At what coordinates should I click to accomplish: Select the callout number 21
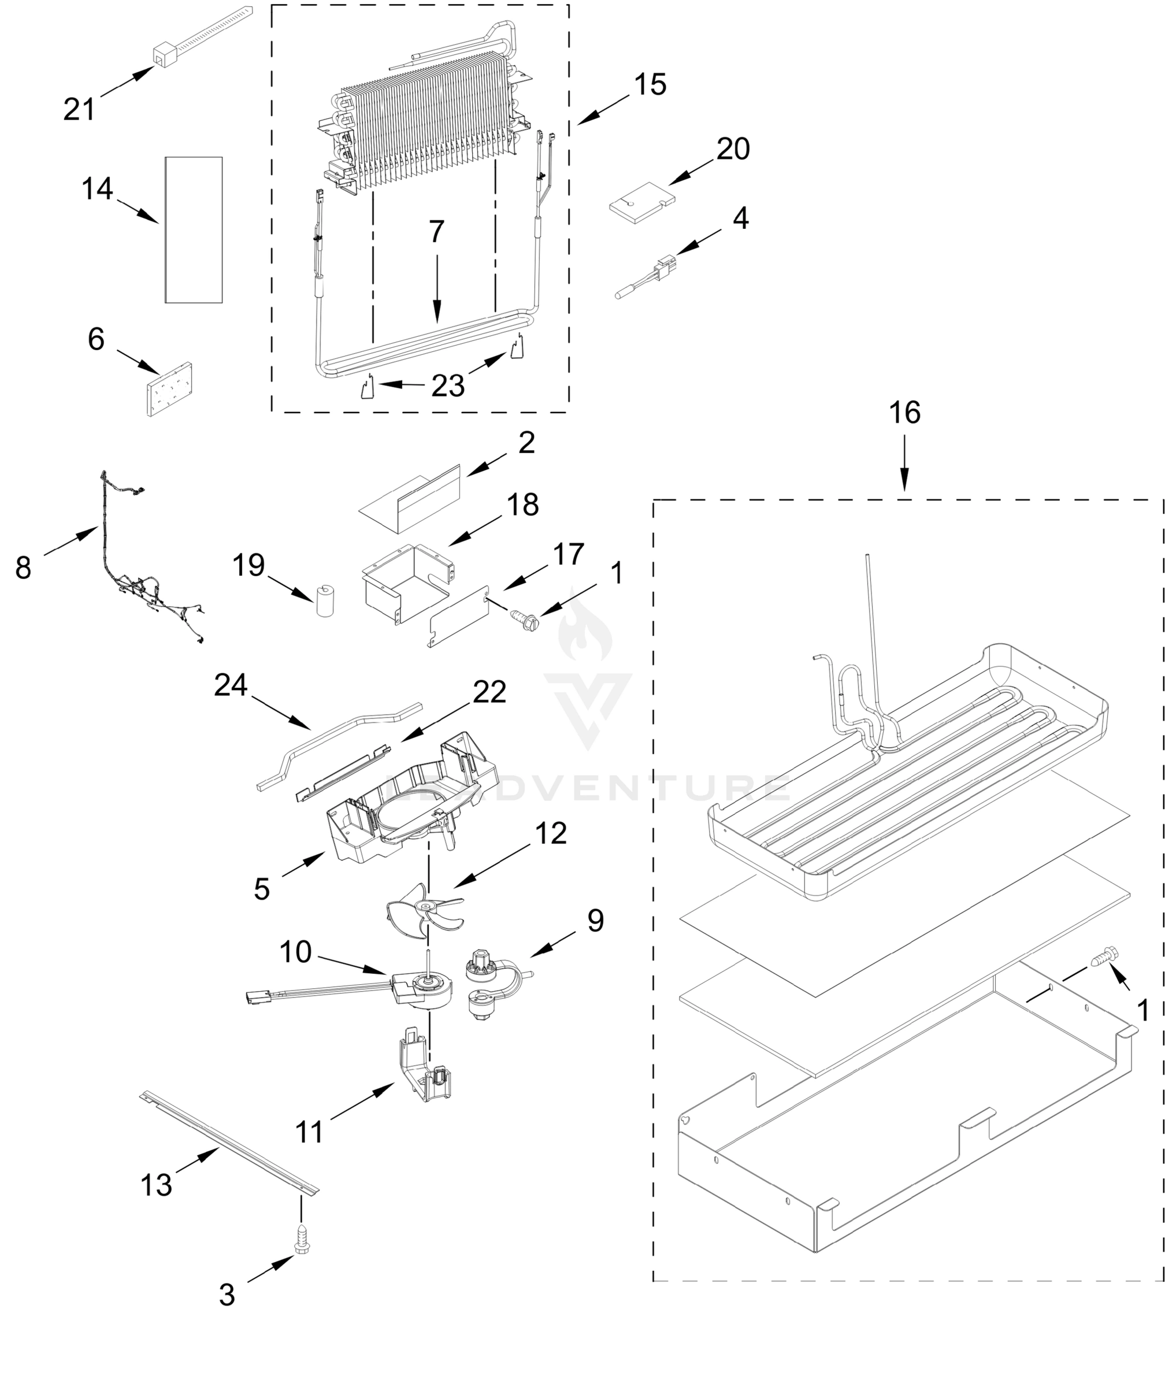(x=79, y=109)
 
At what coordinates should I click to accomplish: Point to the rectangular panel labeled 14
(x=194, y=229)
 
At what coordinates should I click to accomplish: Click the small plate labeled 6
(x=168, y=389)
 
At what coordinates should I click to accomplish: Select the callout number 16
(x=904, y=413)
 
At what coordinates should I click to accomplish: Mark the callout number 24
(x=230, y=685)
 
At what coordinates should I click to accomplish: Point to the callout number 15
(x=650, y=85)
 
